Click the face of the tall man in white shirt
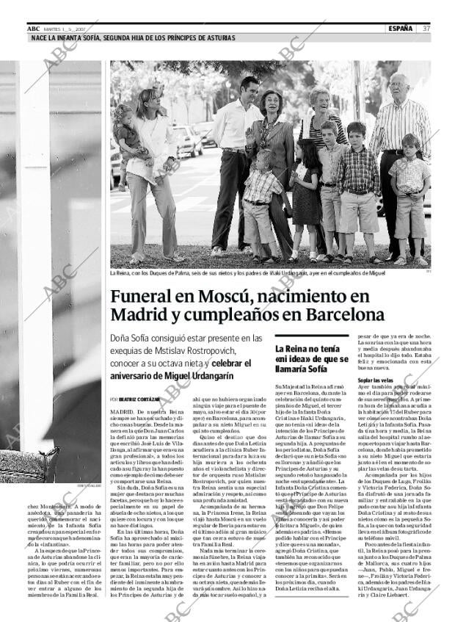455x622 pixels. tap(250, 89)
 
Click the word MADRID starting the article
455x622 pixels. tap(122, 413)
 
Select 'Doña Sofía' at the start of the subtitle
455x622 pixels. tap(131, 339)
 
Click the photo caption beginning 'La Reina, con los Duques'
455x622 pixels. tap(242, 272)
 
